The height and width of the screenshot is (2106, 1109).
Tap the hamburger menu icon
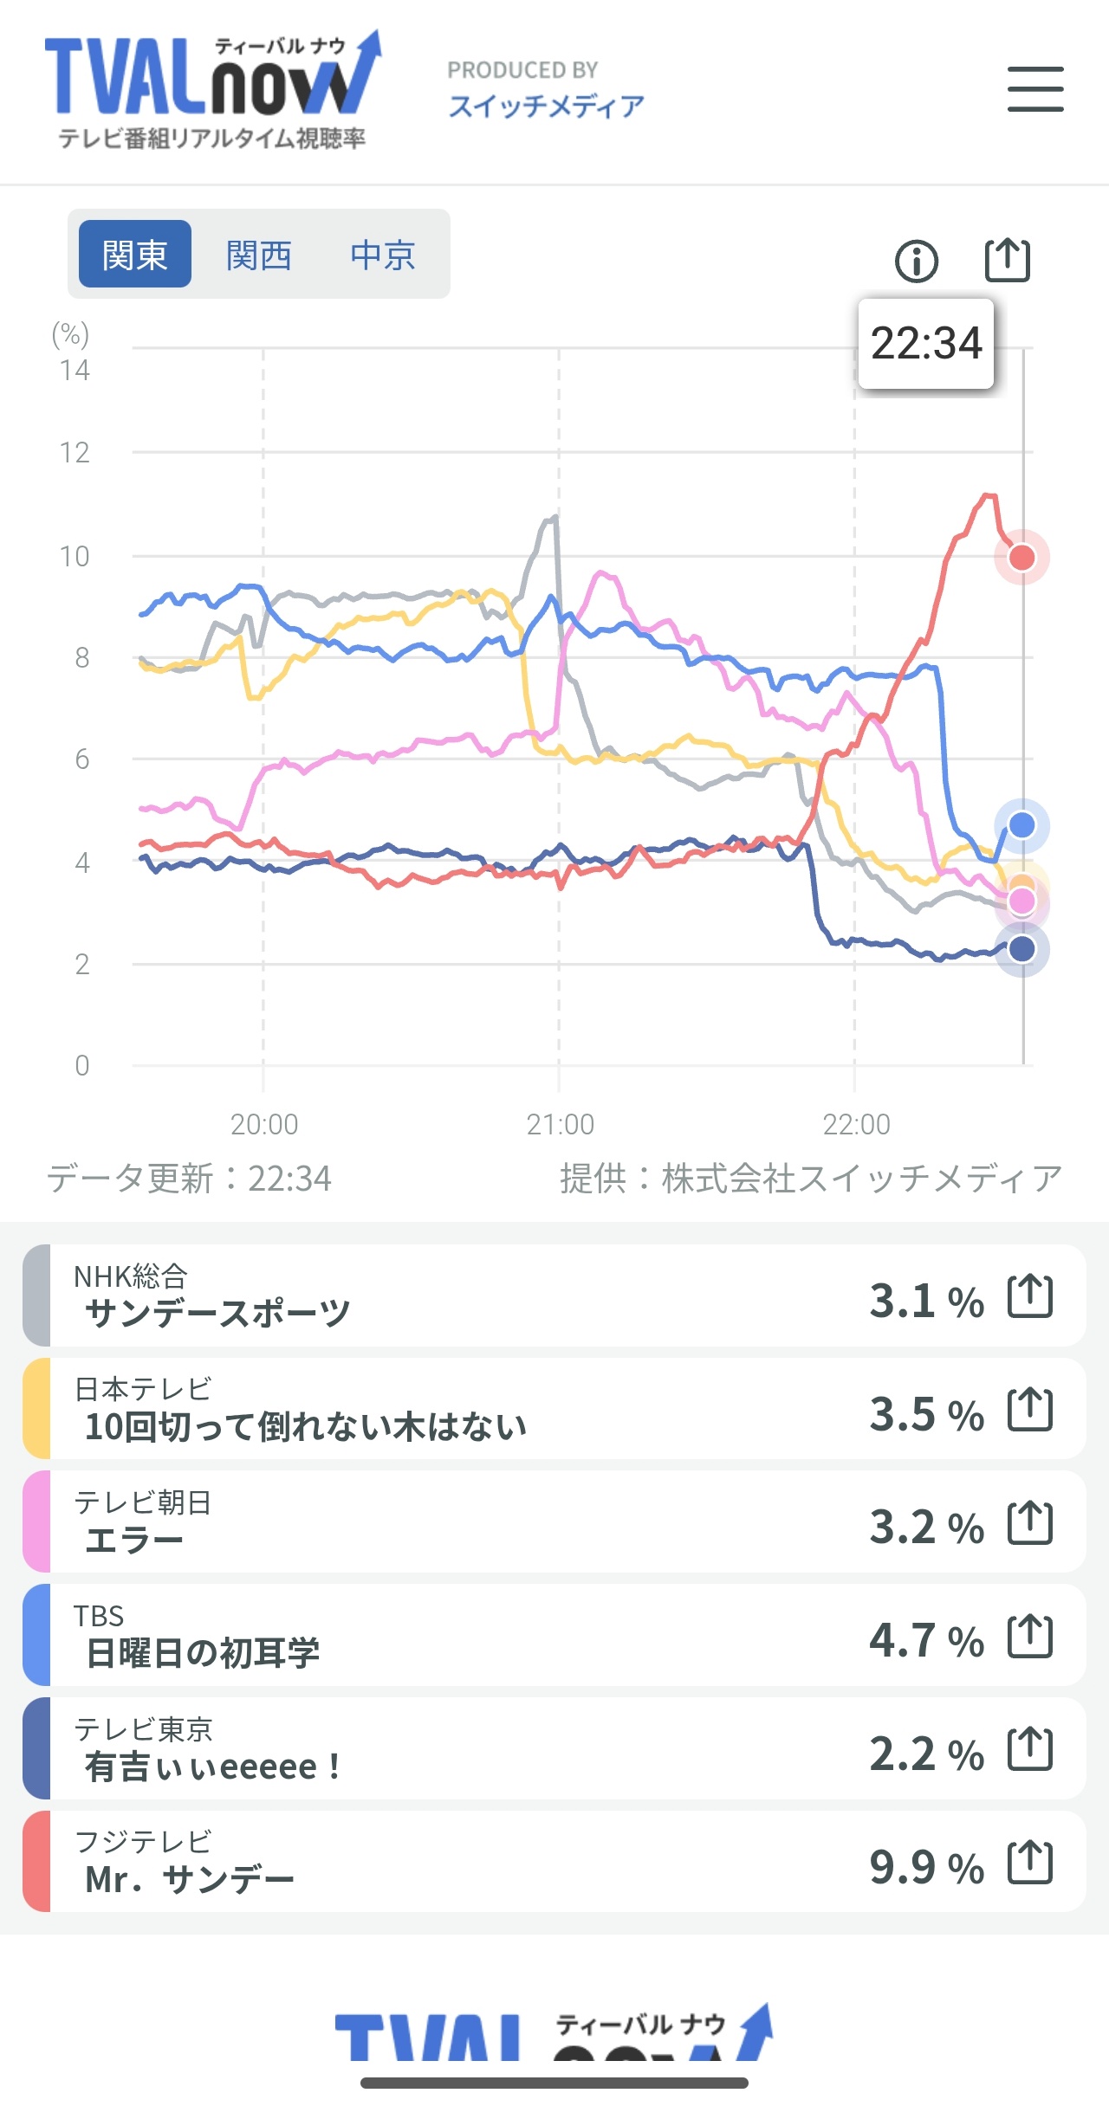coord(1035,89)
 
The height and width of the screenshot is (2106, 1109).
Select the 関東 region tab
coord(134,255)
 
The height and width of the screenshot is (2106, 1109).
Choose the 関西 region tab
coord(258,255)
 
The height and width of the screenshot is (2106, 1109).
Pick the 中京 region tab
coord(383,255)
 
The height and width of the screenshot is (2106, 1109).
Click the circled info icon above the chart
coord(916,261)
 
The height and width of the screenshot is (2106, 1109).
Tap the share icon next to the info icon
coord(1008,260)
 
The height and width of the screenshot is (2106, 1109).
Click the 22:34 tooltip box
coord(925,344)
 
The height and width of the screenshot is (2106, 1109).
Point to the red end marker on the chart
coord(1022,557)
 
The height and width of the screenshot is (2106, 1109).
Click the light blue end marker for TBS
coord(1022,825)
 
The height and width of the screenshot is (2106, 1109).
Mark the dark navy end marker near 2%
coord(1022,949)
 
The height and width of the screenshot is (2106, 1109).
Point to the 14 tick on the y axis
coord(75,371)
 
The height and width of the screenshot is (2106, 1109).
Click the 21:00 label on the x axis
coord(560,1124)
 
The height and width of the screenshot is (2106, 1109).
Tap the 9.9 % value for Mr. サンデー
coord(926,1866)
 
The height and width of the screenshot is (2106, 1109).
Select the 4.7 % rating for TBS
coord(926,1639)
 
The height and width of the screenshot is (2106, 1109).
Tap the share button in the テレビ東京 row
coord(1030,1749)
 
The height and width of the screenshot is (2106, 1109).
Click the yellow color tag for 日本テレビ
coord(36,1408)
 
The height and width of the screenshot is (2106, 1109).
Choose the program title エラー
coord(134,1541)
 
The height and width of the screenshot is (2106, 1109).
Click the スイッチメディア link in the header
coord(546,107)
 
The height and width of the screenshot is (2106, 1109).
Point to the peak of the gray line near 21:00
coord(552,518)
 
